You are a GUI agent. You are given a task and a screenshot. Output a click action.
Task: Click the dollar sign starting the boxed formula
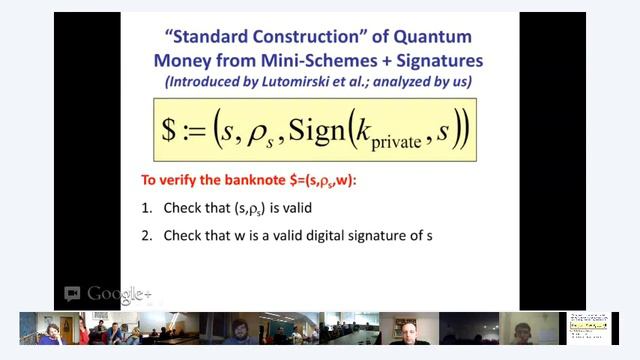point(170,131)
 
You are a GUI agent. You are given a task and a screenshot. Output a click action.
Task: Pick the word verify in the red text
point(179,181)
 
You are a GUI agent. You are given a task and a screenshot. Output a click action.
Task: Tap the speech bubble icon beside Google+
point(72,294)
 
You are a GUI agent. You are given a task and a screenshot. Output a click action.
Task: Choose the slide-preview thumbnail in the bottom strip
point(589,328)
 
